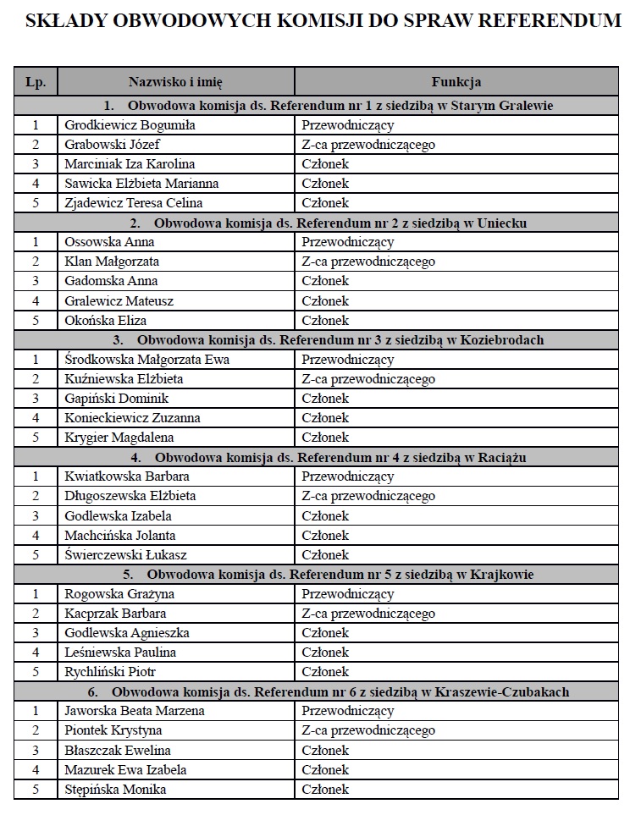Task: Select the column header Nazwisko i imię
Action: tap(175, 82)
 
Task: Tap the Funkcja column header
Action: tap(456, 82)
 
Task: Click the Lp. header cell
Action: tap(36, 82)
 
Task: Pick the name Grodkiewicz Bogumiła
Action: tap(130, 125)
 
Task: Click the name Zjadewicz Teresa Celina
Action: tap(134, 203)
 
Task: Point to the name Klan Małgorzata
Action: tap(112, 262)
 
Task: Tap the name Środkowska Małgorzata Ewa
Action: tap(146, 360)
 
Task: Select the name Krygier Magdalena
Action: tap(119, 438)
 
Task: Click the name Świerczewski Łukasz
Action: tap(126, 555)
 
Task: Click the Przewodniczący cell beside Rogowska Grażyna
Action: tap(348, 594)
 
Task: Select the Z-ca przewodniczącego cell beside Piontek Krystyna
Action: tap(368, 730)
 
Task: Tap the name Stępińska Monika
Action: tap(115, 790)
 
